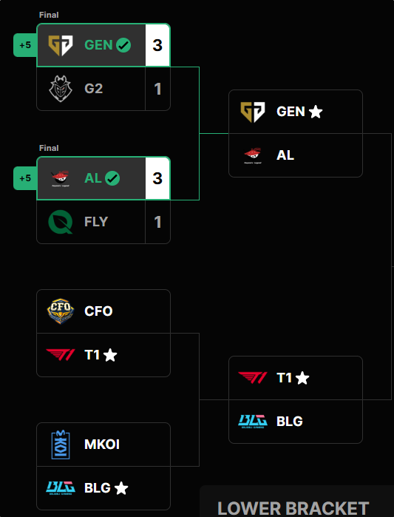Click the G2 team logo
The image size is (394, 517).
61,89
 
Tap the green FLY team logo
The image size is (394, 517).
61,222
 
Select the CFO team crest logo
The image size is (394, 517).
61,311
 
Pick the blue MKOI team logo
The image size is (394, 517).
61,445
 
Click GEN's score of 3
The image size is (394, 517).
157,45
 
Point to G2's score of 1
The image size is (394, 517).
157,89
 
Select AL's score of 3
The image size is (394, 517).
157,178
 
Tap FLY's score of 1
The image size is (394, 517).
157,222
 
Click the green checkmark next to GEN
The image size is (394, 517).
123,45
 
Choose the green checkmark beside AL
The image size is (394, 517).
112,178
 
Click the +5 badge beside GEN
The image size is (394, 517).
25,45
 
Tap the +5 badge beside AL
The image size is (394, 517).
25,178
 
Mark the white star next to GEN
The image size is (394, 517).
316,112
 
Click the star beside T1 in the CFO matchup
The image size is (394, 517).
110,355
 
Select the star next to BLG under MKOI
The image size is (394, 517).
121,488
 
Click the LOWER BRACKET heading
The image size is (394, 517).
293,508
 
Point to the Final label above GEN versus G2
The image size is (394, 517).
49,15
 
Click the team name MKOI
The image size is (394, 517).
102,445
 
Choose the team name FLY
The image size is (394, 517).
96,222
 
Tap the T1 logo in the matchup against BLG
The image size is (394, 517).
253,377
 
